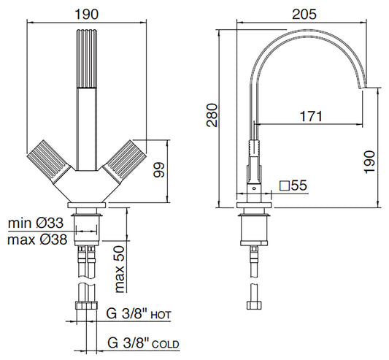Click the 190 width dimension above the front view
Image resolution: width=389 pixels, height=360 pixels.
point(88,12)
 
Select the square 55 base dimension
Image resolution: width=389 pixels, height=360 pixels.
point(292,186)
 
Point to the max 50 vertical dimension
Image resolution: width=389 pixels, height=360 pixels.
point(120,267)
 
